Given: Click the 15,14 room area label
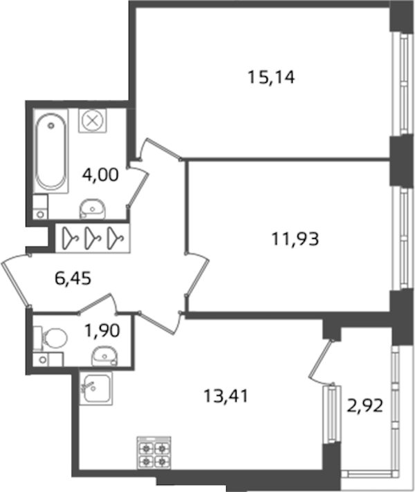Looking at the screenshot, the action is click(271, 77).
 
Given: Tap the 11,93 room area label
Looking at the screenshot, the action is click(295, 239).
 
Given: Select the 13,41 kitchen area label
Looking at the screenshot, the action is click(226, 396).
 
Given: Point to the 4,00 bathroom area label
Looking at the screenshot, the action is click(100, 174).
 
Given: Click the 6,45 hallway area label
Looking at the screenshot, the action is click(73, 278).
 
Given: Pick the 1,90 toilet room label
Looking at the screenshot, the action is click(102, 330).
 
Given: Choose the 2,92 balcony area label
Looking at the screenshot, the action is click(365, 406).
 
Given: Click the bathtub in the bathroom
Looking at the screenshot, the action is click(50, 151).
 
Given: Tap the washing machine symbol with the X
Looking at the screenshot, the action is click(93, 121).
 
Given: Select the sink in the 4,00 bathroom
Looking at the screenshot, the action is click(93, 209).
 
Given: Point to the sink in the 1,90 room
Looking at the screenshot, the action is click(104, 356).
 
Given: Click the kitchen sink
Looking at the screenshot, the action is click(96, 388).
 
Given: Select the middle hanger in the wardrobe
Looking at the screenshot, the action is click(92, 238).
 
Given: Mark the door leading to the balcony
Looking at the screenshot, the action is click(321, 361).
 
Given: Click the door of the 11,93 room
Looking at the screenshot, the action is click(196, 274).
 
